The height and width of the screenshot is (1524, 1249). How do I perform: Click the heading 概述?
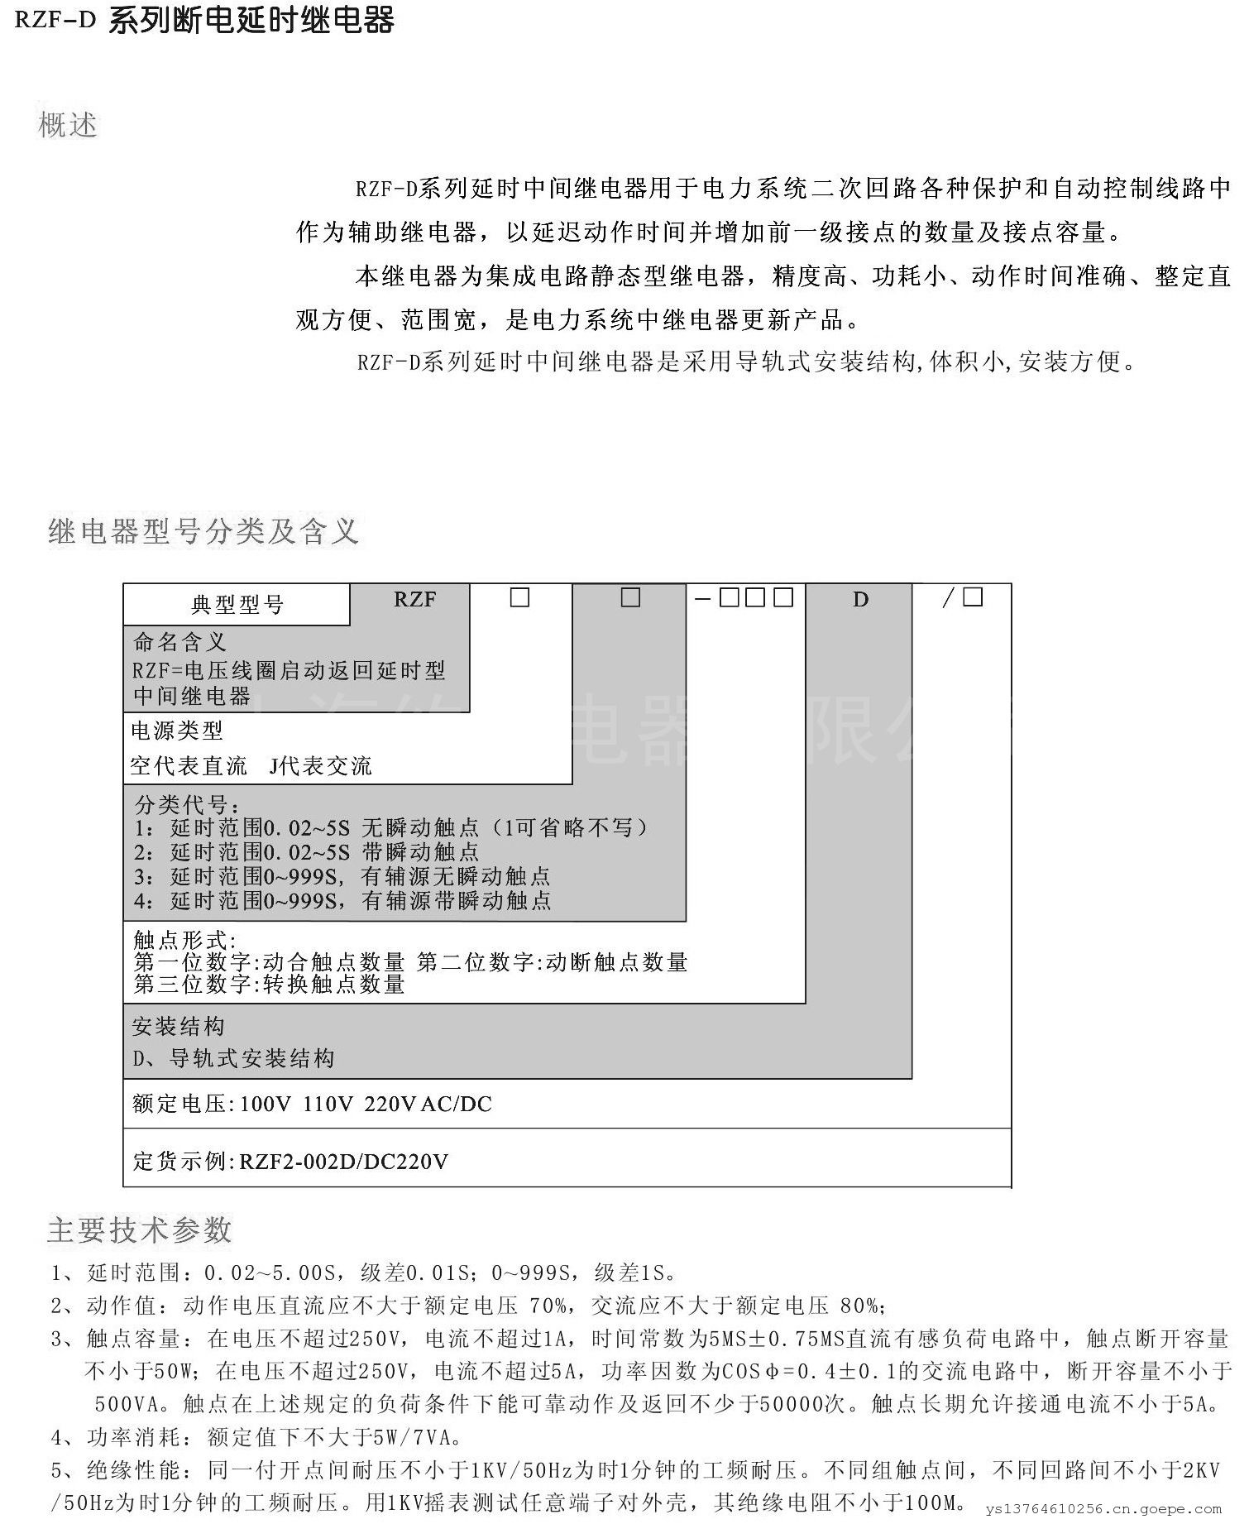point(68,126)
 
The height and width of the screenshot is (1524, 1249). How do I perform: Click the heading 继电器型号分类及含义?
point(203,531)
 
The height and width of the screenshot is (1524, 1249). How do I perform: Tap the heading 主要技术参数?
point(139,1230)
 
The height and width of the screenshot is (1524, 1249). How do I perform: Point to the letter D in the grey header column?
point(860,600)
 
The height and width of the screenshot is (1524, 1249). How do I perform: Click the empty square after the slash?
point(973,597)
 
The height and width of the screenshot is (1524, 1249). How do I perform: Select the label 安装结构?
point(179,1028)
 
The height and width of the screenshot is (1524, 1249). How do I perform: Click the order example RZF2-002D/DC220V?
point(343,1162)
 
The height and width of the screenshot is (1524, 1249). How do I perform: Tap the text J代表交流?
point(321,766)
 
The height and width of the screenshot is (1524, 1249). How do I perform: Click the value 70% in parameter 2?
point(548,1306)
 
